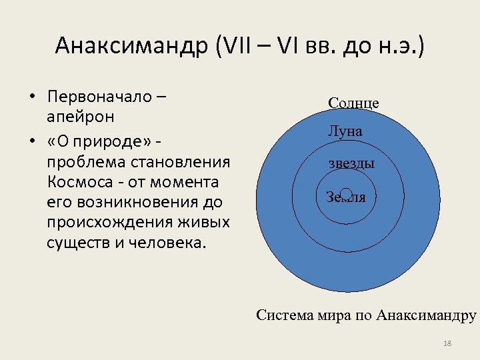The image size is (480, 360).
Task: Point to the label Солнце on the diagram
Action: (353, 103)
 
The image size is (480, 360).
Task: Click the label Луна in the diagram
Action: (345, 131)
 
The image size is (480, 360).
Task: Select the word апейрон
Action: (81, 117)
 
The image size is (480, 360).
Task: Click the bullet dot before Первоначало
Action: (32, 98)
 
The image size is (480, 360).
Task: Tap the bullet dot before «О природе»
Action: (32, 143)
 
